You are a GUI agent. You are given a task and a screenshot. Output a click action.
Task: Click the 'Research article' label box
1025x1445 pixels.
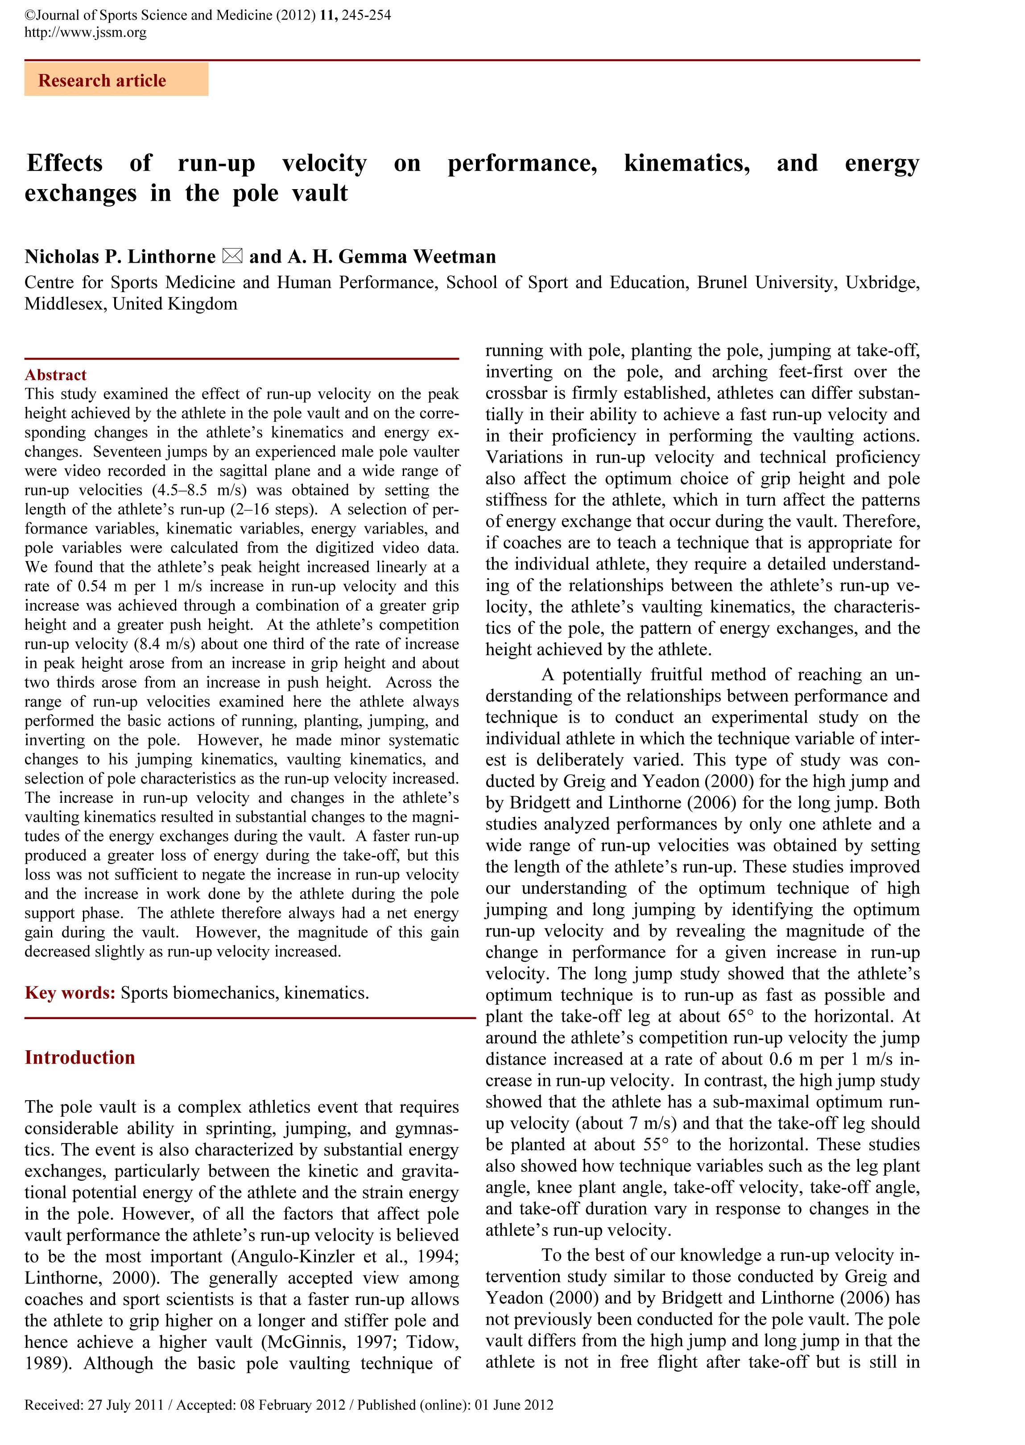pyautogui.click(x=116, y=80)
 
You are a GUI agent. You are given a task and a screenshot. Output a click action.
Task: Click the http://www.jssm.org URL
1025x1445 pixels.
pyautogui.click(x=85, y=32)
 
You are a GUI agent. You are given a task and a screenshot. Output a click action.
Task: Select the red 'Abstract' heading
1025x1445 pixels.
pyautogui.click(x=56, y=375)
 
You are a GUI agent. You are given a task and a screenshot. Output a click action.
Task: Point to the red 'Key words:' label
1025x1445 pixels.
pyautogui.click(x=70, y=993)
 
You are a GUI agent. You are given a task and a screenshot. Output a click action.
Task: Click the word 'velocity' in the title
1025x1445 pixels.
pyautogui.click(x=324, y=163)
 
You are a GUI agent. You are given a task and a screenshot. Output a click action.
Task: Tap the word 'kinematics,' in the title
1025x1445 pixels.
pyautogui.click(x=687, y=163)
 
